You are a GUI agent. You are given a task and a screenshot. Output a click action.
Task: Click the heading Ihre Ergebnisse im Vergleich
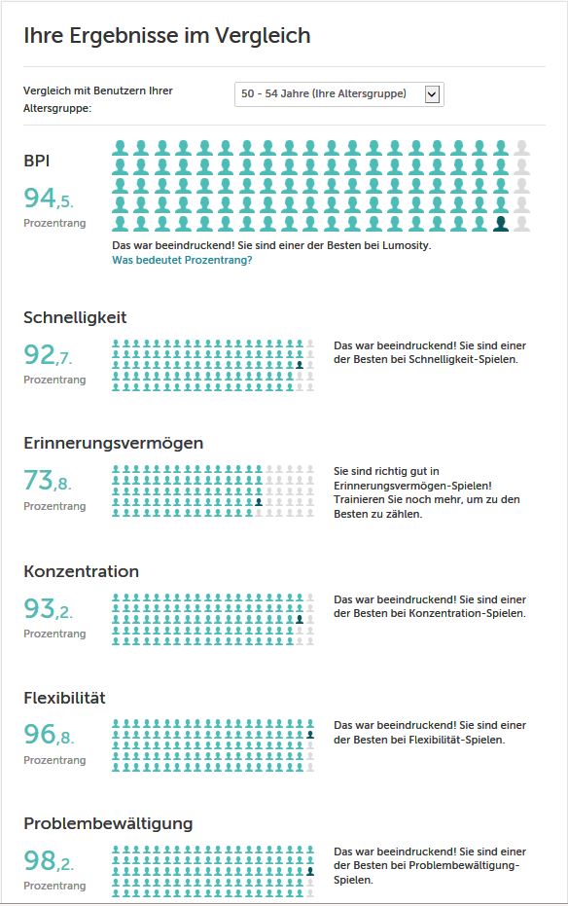point(167,36)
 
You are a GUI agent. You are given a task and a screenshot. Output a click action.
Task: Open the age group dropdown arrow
point(432,94)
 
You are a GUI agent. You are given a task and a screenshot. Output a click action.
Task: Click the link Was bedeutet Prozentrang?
point(182,260)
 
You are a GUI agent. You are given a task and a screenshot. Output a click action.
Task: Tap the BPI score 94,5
point(49,199)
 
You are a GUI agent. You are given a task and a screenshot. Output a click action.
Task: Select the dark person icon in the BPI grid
point(501,224)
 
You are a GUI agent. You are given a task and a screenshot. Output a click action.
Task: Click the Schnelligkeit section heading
point(75,317)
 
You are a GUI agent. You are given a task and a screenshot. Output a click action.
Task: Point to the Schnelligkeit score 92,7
point(48,355)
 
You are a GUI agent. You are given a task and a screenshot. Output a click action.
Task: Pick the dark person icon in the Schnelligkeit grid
point(300,365)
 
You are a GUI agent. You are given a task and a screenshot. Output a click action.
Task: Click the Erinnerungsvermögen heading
point(113,443)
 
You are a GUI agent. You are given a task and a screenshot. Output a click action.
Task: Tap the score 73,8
point(48,481)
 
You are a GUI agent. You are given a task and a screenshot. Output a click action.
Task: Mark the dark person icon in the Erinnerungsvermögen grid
point(259,502)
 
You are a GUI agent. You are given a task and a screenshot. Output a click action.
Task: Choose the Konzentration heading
point(81,571)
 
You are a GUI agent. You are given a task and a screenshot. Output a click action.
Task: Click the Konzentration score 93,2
point(49,608)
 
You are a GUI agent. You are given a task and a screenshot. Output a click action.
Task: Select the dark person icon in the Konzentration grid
point(300,619)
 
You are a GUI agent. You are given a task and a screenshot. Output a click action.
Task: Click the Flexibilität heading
point(64,698)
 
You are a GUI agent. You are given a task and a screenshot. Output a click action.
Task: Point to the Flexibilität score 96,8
point(49,735)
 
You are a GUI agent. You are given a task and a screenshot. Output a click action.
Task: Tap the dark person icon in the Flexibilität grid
point(310,735)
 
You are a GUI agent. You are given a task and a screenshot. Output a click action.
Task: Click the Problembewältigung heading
point(108,824)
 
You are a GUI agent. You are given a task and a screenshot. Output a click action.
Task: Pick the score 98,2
point(49,861)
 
